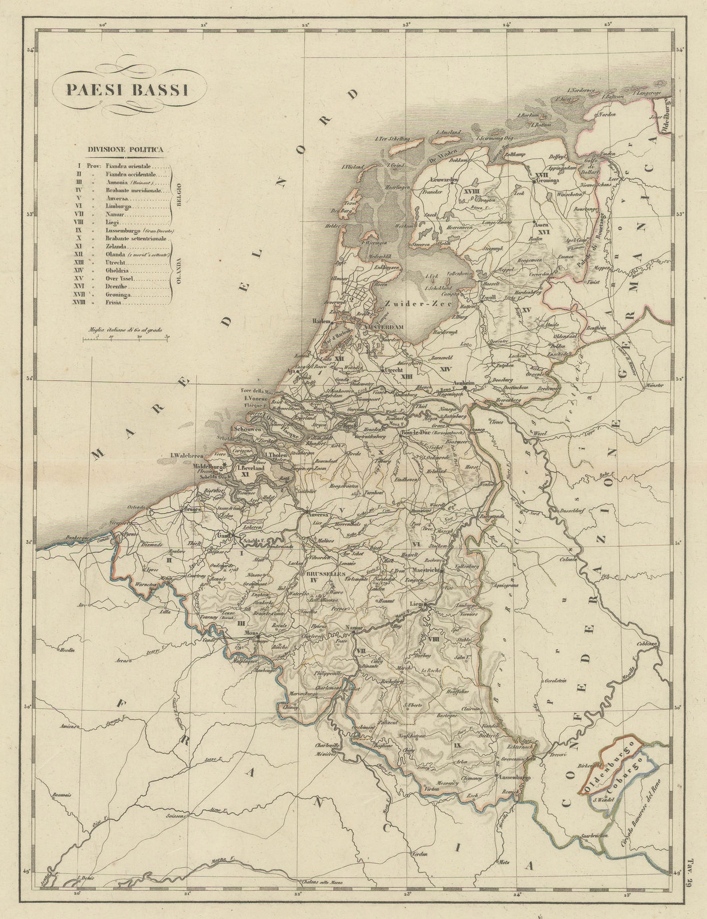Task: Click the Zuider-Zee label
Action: click(x=409, y=303)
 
